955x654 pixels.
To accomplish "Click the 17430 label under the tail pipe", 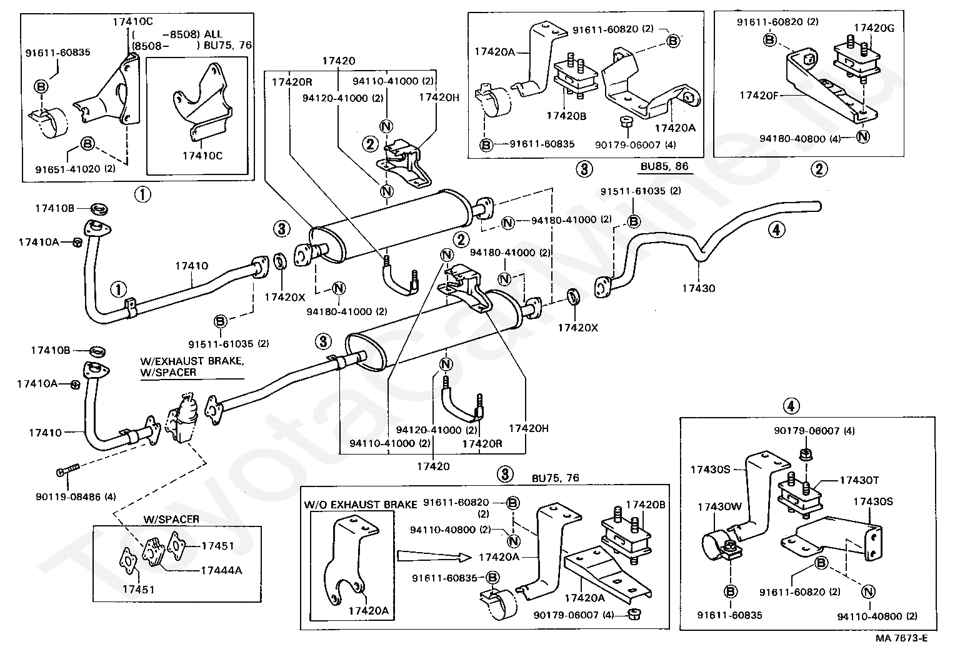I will [698, 288].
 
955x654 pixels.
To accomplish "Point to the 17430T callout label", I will [859, 480].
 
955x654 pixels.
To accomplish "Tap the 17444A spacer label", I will [221, 570].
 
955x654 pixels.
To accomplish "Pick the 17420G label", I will [873, 28].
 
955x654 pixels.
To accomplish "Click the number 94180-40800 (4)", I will [801, 138].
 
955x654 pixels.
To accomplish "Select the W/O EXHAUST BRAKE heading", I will [361, 504].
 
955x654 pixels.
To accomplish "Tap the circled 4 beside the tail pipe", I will [775, 229].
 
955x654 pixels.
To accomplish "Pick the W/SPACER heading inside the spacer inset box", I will [171, 519].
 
